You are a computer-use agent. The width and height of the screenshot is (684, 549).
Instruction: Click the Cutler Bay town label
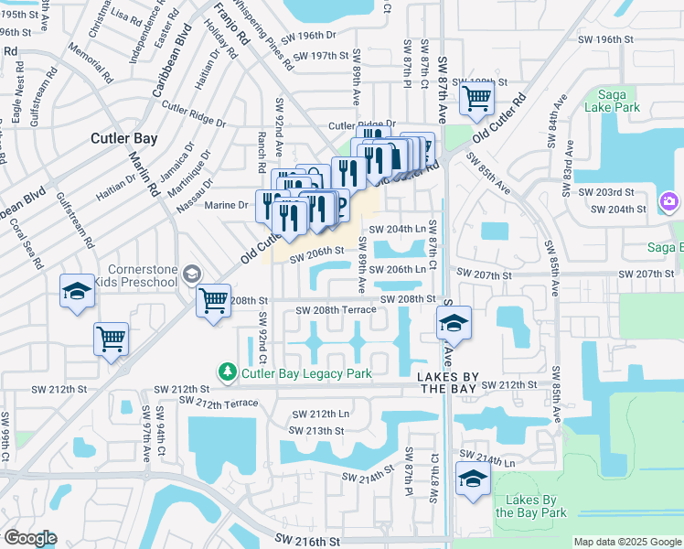tap(123, 139)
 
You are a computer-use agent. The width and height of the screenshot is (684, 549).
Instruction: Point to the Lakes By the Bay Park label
tap(531, 506)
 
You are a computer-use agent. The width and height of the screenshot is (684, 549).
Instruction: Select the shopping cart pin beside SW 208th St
tap(213, 299)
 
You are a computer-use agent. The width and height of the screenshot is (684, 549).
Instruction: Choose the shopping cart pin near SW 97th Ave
tap(111, 338)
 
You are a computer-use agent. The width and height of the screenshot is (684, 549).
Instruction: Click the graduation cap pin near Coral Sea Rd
tap(78, 291)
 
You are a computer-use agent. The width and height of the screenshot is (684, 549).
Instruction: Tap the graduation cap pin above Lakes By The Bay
tap(454, 323)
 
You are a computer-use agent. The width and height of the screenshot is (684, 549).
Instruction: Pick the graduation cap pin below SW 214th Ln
tap(473, 479)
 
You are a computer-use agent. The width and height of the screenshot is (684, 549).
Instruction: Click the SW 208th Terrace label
tap(336, 311)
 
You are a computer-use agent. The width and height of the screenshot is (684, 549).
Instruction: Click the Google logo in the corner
tap(30, 538)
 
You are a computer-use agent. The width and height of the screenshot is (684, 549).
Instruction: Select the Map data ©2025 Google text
tap(627, 542)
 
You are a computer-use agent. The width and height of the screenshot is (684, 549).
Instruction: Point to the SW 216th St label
tap(309, 542)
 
